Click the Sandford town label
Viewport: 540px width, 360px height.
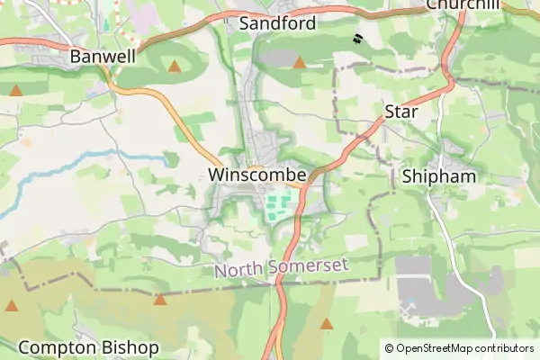pyautogui.click(x=277, y=23)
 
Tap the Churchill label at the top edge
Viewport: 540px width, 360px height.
pyautogui.click(x=462, y=4)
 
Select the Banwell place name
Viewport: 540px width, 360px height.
pyautogui.click(x=103, y=57)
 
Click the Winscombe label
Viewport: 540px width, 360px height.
pyautogui.click(x=257, y=174)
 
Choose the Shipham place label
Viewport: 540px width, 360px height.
pyautogui.click(x=439, y=176)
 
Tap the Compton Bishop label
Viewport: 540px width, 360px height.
pyautogui.click(x=88, y=347)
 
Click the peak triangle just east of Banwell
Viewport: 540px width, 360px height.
pyautogui.click(x=174, y=67)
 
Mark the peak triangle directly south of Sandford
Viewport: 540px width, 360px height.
pyautogui.click(x=299, y=63)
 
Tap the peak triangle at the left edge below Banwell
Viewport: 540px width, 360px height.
pyautogui.click(x=16, y=90)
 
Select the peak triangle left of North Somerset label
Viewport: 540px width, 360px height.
pyautogui.click(x=159, y=300)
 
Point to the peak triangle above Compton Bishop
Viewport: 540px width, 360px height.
pyautogui.click(x=11, y=306)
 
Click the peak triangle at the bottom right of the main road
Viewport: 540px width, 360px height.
pyautogui.click(x=327, y=323)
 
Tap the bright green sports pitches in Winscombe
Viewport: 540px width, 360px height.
pyautogui.click(x=280, y=204)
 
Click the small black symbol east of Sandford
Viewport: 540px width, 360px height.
pyautogui.click(x=357, y=39)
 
